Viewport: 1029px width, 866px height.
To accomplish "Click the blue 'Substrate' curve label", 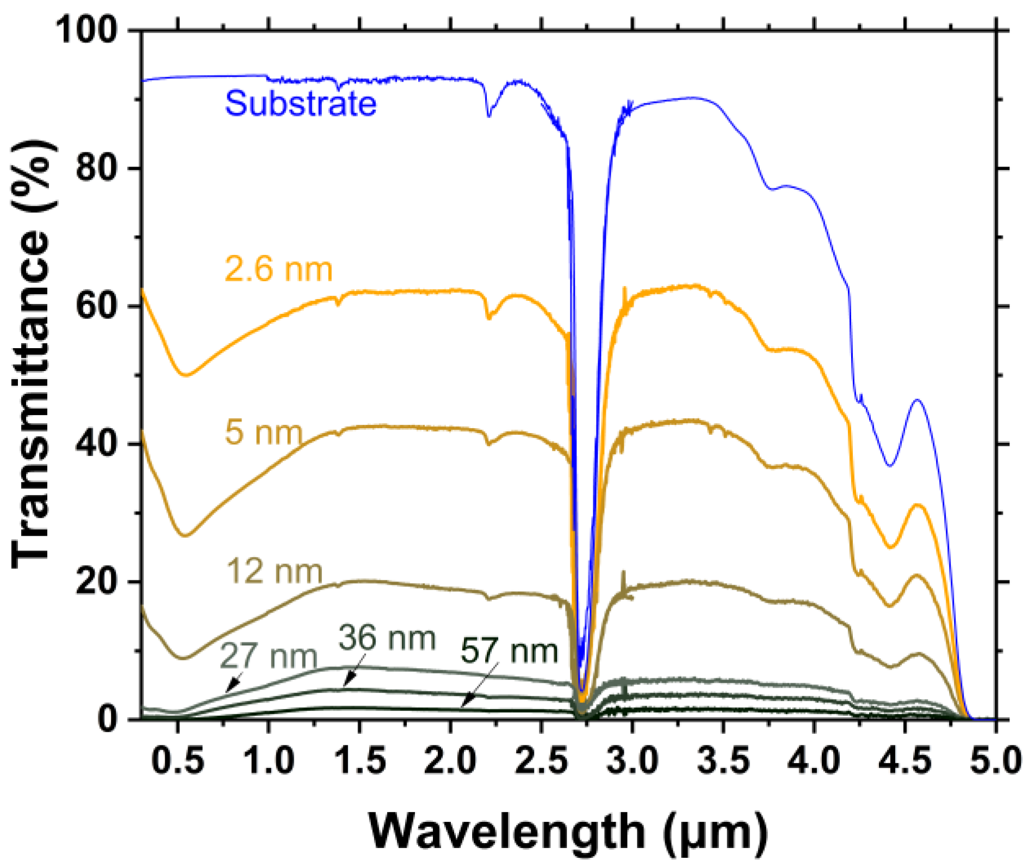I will coord(300,103).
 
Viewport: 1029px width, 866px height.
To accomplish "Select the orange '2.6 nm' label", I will coord(278,269).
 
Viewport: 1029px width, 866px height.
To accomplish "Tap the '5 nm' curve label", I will coord(263,432).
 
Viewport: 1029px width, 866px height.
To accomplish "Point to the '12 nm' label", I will coord(274,571).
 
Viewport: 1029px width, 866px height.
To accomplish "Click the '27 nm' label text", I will coord(269,656).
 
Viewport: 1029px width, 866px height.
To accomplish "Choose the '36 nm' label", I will coord(387,638).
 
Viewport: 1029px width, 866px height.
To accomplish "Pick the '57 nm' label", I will coord(509,651).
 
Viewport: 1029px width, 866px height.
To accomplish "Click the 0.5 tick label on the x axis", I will coord(178,760).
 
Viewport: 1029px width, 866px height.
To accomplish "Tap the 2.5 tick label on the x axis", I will coord(541,760).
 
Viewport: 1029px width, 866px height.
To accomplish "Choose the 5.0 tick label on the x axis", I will coord(995,760).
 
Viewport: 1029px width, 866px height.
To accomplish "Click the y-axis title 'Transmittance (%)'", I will coord(33,354).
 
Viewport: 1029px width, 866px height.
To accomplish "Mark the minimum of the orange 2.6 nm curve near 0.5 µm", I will coord(187,375).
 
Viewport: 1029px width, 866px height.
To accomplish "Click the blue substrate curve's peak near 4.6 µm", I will coord(918,400).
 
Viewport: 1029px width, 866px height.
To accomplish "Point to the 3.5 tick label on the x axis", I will coord(723,760).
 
